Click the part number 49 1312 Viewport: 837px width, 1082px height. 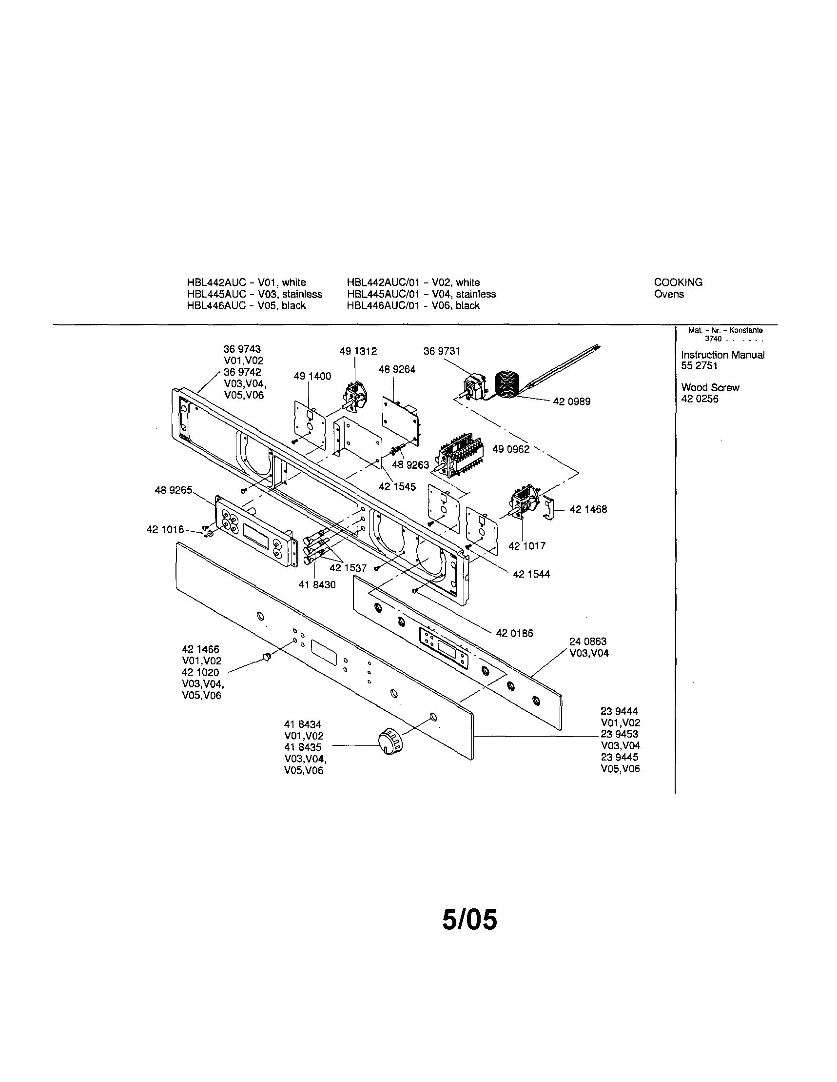coord(358,351)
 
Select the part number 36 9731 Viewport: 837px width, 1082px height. coord(442,351)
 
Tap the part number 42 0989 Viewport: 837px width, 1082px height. coord(572,402)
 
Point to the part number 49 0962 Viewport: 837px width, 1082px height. coord(511,449)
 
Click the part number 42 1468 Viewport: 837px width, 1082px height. coord(588,509)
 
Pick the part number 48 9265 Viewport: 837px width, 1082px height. coord(173,490)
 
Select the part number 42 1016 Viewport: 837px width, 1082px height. coord(165,530)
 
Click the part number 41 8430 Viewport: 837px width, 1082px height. coord(317,585)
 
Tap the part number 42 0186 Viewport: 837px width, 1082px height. coord(514,633)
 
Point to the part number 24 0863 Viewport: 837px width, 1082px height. coord(587,641)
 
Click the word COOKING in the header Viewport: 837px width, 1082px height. coord(678,282)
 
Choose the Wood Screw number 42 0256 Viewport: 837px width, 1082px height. coord(700,400)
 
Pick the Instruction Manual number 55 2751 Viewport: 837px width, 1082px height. coord(699,366)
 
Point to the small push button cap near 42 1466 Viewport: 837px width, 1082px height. coord(266,657)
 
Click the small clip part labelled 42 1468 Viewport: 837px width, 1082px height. coord(550,509)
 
